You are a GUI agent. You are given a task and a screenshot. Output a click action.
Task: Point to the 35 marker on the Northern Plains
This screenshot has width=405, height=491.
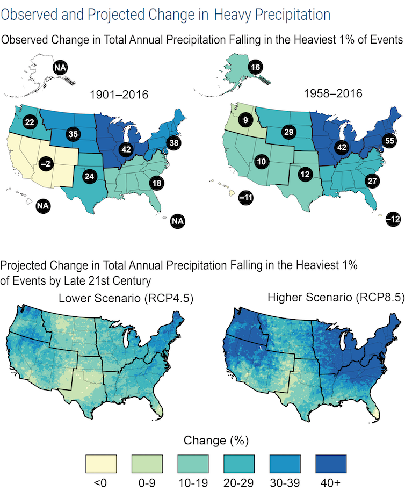click(x=73, y=134)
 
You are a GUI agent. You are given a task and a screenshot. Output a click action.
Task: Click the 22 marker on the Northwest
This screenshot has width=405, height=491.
click(x=30, y=122)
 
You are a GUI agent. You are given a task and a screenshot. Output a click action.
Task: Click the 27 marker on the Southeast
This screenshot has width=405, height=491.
click(x=371, y=180)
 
